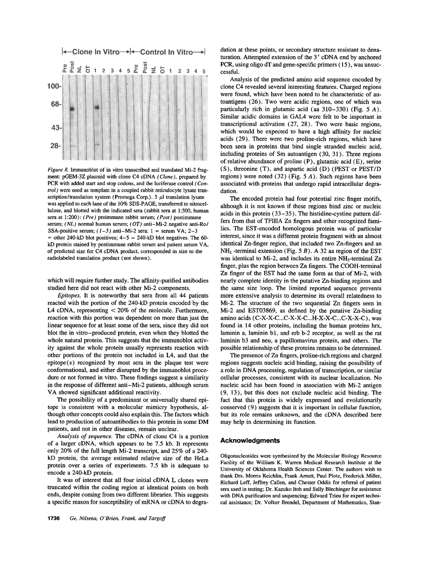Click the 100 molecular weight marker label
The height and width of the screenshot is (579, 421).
(x=53, y=86)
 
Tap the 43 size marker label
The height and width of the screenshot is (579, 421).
(x=55, y=128)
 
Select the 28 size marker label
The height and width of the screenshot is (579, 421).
(x=55, y=146)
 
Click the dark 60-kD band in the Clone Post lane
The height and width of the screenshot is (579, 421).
(x=72, y=109)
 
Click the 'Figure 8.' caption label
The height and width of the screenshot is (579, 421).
(x=60, y=171)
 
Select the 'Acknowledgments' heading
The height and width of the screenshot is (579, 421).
(x=248, y=440)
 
